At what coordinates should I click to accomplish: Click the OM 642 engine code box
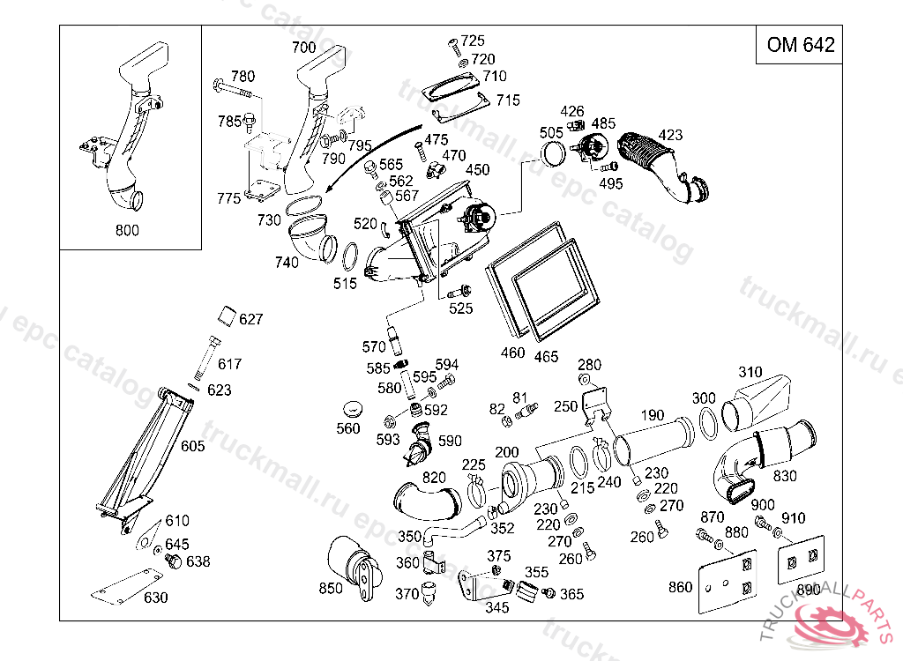click(800, 46)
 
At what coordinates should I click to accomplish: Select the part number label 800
click(128, 231)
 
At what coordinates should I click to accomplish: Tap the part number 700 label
click(303, 47)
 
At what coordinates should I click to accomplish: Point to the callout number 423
click(670, 136)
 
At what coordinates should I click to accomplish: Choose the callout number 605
click(192, 446)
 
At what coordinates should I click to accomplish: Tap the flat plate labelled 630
click(124, 584)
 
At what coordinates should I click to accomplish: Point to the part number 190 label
click(653, 415)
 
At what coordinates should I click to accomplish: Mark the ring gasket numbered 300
click(707, 423)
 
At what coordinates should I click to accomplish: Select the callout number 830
click(784, 476)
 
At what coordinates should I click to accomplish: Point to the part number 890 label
click(809, 590)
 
